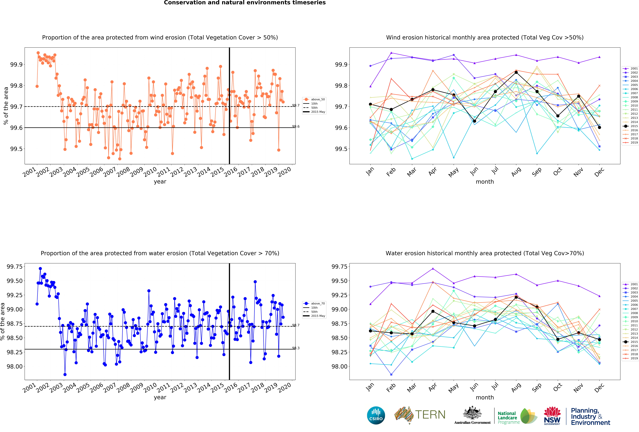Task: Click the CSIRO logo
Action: (376, 415)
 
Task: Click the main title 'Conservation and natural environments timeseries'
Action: (245, 3)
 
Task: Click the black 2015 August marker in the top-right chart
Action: (516, 72)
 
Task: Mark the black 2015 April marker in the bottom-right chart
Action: (433, 311)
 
